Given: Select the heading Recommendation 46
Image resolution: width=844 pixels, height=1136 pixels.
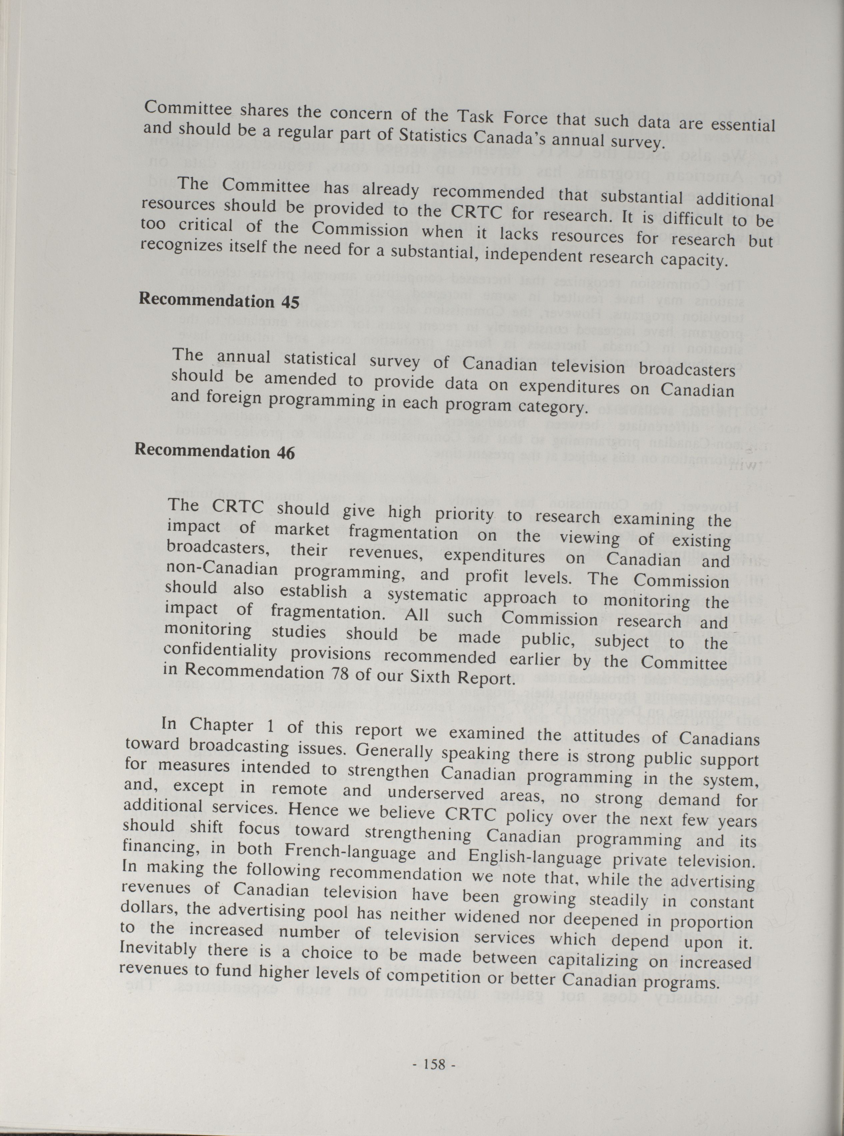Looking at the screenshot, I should (x=215, y=452).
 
